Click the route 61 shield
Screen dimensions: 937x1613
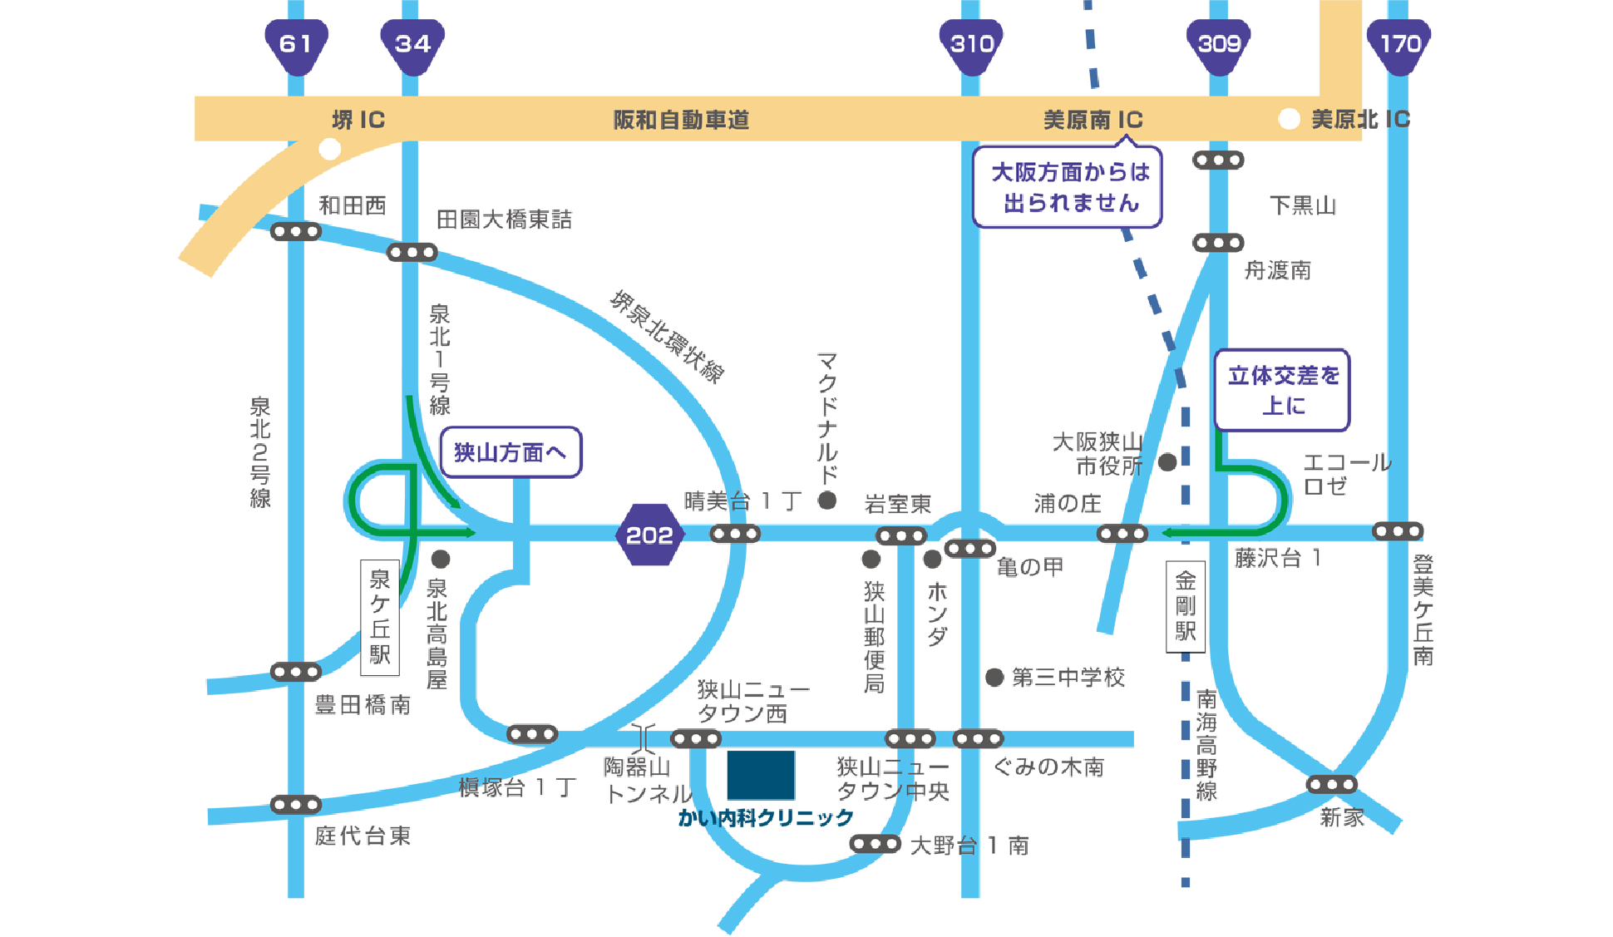click(x=296, y=44)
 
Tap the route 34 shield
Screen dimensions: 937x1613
click(x=412, y=44)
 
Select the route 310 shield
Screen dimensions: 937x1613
click(x=971, y=44)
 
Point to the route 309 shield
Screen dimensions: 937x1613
click(x=1219, y=44)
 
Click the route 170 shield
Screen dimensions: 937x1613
click(x=1400, y=44)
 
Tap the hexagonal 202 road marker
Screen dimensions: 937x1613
click(x=649, y=535)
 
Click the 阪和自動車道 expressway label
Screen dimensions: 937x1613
click(x=681, y=120)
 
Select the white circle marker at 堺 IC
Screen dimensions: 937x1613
click(x=330, y=149)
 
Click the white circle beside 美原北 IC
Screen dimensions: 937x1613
click(x=1289, y=119)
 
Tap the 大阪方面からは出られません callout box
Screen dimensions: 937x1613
click(x=1068, y=187)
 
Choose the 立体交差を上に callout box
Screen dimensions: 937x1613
click(x=1282, y=390)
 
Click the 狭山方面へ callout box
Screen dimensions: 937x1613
click(x=511, y=452)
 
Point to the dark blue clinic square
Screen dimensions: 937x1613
click(x=761, y=775)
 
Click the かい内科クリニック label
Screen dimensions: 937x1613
click(x=766, y=818)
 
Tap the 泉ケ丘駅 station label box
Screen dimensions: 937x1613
click(x=380, y=617)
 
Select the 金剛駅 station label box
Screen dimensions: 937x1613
click(x=1186, y=607)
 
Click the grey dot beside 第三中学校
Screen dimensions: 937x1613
click(x=994, y=678)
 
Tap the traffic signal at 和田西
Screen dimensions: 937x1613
click(x=296, y=231)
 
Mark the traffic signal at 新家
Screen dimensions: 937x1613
click(x=1331, y=784)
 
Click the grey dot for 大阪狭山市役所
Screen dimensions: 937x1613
click(x=1168, y=462)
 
